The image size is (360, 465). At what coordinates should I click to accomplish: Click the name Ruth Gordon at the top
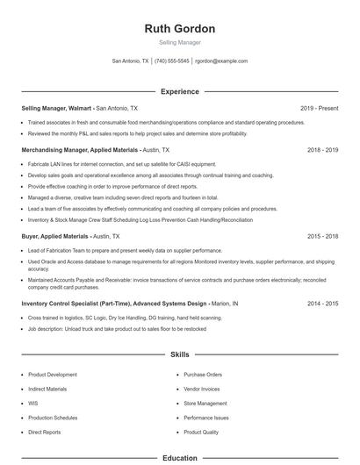pyautogui.click(x=179, y=29)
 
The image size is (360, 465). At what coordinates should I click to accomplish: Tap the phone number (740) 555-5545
pyautogui.click(x=173, y=61)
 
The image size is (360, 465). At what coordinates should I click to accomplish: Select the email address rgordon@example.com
pyautogui.click(x=221, y=61)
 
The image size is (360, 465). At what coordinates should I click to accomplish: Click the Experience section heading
pyautogui.click(x=179, y=91)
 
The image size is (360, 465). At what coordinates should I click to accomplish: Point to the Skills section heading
pyautogui.click(x=179, y=354)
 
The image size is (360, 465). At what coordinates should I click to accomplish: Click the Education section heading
pyautogui.click(x=179, y=458)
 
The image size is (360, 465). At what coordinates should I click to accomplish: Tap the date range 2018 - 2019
pyautogui.click(x=322, y=150)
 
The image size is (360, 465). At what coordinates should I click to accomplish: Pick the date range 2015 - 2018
pyautogui.click(x=322, y=236)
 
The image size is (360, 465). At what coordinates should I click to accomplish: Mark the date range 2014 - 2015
pyautogui.click(x=322, y=303)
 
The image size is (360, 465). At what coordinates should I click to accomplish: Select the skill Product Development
pyautogui.click(x=53, y=375)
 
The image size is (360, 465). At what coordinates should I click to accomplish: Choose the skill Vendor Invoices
pyautogui.click(x=202, y=389)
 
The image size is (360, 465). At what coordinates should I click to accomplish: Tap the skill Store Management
pyautogui.click(x=205, y=404)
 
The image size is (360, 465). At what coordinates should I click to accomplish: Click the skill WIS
pyautogui.click(x=32, y=404)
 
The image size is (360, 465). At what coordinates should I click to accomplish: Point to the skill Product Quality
pyautogui.click(x=201, y=433)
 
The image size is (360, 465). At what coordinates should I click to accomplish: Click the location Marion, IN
pyautogui.click(x=225, y=303)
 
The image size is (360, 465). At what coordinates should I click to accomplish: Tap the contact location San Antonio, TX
pyautogui.click(x=130, y=61)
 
